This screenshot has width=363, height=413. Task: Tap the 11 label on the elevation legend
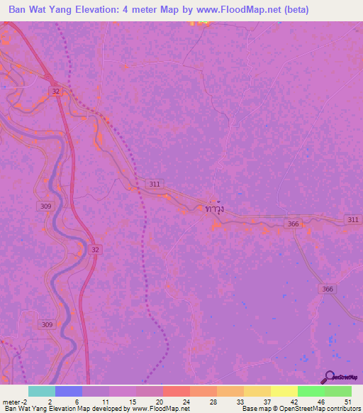(105, 401)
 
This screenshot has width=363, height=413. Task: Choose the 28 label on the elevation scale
(213, 401)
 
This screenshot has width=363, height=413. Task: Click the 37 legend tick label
(267, 401)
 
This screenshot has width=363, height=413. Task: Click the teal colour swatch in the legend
(41, 391)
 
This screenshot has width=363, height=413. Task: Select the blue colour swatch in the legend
(68, 391)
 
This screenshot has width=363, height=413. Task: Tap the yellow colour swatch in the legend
(284, 391)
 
